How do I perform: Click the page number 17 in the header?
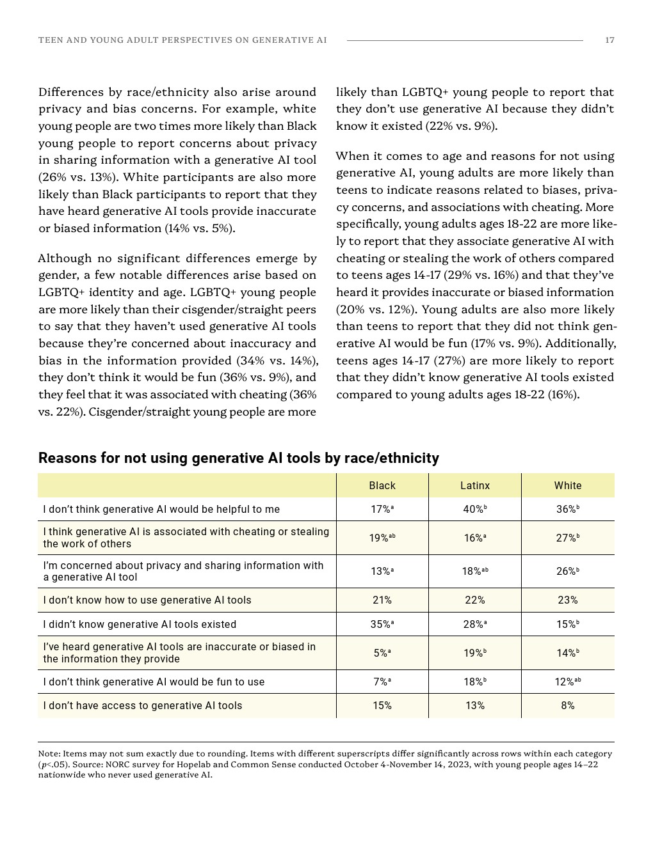[609, 40]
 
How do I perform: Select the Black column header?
[382, 486]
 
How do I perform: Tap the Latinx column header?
[475, 486]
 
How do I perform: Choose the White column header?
[568, 486]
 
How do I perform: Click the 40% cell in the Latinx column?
[474, 510]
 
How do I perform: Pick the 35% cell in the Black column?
[382, 625]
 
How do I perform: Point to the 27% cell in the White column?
[567, 538]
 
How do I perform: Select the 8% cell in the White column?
[568, 706]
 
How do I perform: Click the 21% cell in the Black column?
[382, 600]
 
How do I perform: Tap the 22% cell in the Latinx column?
[475, 600]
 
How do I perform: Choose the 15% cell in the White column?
[567, 625]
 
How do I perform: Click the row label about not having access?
[143, 706]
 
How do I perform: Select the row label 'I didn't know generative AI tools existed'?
[140, 625]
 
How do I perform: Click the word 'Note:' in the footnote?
[49, 754]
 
